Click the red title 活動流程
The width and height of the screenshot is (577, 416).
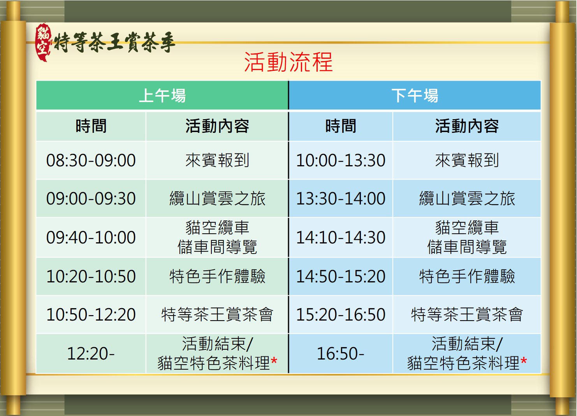tap(288, 62)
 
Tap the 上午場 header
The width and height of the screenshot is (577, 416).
tap(162, 95)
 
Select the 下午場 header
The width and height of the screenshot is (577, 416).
tap(415, 95)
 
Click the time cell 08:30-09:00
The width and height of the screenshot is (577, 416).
tap(91, 160)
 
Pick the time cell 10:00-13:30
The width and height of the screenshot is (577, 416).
tap(341, 160)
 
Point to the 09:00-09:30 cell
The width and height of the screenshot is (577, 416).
tap(91, 199)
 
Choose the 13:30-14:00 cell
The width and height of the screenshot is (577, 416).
tap(341, 199)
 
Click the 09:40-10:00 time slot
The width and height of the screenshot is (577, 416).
tap(91, 237)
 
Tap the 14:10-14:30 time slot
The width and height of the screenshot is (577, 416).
tap(341, 237)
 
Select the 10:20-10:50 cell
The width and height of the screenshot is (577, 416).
tap(91, 277)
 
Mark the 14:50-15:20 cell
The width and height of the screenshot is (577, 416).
tap(341, 277)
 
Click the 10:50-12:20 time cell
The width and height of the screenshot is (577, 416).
tap(91, 314)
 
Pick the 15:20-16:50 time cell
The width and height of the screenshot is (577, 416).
tap(341, 314)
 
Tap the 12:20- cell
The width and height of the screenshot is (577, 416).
tap(91, 353)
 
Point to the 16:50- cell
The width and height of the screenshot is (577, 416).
tap(341, 353)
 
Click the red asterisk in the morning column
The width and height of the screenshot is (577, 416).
tap(274, 360)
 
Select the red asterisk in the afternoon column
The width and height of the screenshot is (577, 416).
tap(524, 360)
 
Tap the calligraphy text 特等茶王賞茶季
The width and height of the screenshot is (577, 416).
tap(114, 42)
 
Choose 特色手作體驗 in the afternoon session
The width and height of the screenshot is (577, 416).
tap(467, 277)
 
